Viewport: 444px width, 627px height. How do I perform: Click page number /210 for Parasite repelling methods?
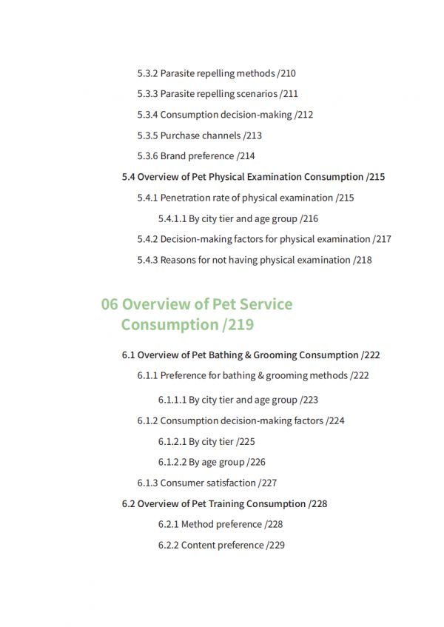click(286, 73)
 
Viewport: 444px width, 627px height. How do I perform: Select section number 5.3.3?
click(147, 94)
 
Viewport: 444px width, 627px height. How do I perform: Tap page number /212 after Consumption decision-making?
click(303, 115)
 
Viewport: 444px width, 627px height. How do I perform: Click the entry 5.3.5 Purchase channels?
click(199, 135)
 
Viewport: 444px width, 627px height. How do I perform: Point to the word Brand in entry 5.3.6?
click(173, 156)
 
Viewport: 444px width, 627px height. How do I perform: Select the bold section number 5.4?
click(128, 177)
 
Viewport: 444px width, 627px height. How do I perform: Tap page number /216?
click(309, 218)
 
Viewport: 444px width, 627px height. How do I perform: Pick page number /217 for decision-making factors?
click(382, 239)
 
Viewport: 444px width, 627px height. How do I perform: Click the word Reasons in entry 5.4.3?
click(178, 260)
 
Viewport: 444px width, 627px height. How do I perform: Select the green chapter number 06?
click(110, 304)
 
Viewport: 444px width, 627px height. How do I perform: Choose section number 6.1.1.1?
click(172, 400)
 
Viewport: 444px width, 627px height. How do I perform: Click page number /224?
click(335, 420)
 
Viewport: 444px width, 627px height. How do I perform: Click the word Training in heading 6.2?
click(227, 503)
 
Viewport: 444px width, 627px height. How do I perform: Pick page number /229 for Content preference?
click(275, 545)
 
